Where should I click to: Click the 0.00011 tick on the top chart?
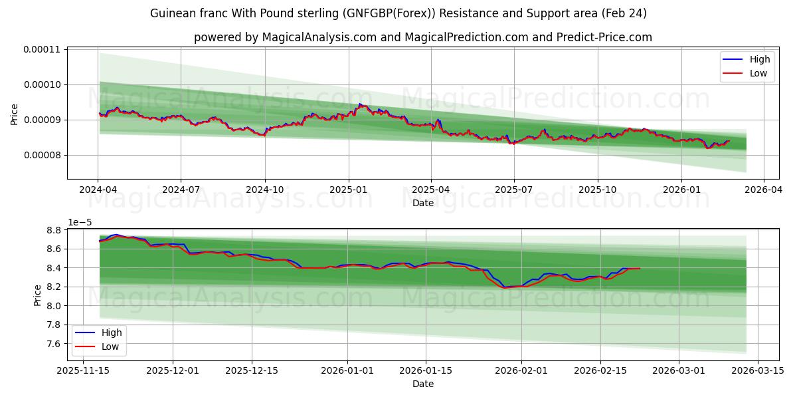tap(41, 49)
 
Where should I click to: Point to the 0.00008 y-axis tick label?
tap(41, 155)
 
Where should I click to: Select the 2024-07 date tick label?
tap(181, 190)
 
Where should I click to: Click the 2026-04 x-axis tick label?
tap(763, 190)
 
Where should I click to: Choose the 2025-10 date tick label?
tap(597, 190)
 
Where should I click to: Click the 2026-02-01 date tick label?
tap(521, 370)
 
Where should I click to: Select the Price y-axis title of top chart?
tap(15, 114)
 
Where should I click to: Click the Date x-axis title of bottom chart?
tap(423, 384)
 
